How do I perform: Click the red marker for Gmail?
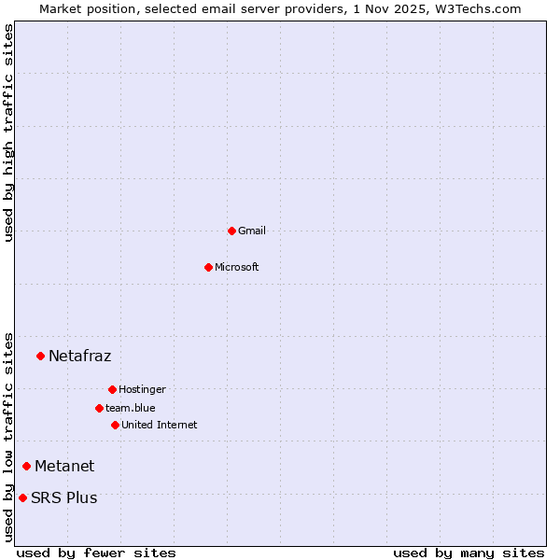click(231, 231)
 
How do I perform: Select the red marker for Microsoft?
click(208, 267)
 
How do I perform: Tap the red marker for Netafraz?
click(40, 356)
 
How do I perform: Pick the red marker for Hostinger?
click(112, 389)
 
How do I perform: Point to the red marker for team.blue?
click(99, 408)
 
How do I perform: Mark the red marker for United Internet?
click(115, 425)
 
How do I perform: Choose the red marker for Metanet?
click(26, 466)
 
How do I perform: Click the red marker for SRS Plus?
click(22, 497)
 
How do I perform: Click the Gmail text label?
click(252, 231)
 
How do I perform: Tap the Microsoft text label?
click(237, 267)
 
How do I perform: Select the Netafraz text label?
click(79, 356)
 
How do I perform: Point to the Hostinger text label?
click(142, 389)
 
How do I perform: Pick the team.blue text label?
click(131, 408)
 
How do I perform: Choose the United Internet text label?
click(159, 425)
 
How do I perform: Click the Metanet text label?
click(64, 466)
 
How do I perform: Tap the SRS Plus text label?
click(63, 497)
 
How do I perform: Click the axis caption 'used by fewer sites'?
click(96, 553)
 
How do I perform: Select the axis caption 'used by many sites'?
click(469, 553)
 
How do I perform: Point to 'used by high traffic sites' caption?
click(8, 133)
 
